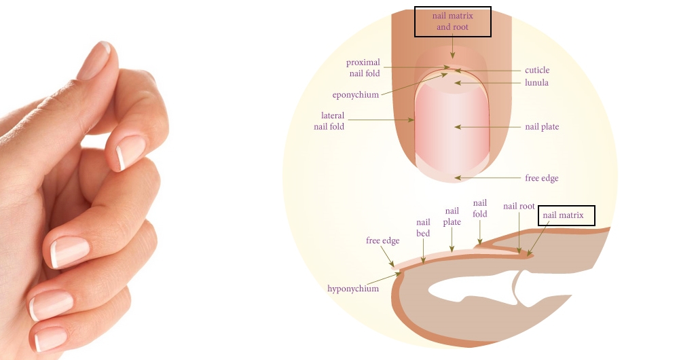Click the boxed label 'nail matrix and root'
point(453,21)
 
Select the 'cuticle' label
point(537,70)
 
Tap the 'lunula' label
point(536,83)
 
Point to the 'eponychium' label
point(355,95)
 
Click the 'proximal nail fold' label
point(363,68)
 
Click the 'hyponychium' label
point(353,289)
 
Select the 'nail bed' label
point(423,228)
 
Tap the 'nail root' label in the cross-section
point(519,206)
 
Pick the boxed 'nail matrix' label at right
point(566,216)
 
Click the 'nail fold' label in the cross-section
point(480,209)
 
